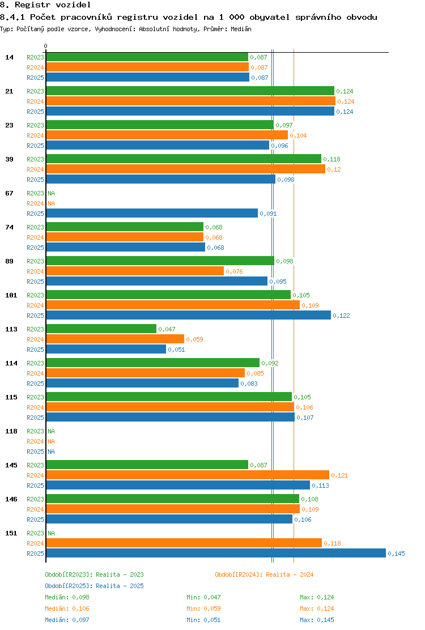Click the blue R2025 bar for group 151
click(x=216, y=554)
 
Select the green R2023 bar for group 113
click(x=101, y=329)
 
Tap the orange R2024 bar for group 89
click(x=135, y=271)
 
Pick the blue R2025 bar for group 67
click(x=152, y=214)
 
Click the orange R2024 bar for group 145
click(x=188, y=475)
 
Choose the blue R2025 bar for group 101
click(x=188, y=316)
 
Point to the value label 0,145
click(x=397, y=554)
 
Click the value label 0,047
click(x=167, y=329)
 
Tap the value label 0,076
click(x=234, y=271)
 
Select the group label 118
click(x=11, y=431)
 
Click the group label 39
click(x=9, y=159)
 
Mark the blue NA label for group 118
click(x=52, y=452)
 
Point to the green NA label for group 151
click(x=52, y=533)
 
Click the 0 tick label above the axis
click(x=46, y=46)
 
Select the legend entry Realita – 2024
click(x=290, y=574)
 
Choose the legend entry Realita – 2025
click(x=120, y=586)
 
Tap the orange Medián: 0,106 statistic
click(x=67, y=608)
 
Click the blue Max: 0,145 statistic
click(x=317, y=620)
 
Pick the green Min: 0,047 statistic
click(x=203, y=598)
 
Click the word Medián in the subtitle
click(x=241, y=29)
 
